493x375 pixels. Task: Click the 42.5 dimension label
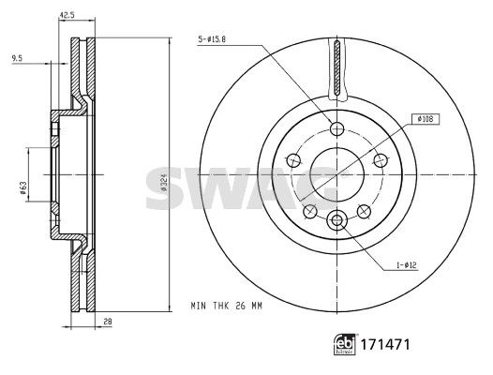pos(67,15)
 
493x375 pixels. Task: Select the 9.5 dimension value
pos(17,58)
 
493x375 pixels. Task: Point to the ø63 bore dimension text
pos(22,188)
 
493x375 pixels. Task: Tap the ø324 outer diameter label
pos(163,183)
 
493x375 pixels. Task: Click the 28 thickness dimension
pos(108,322)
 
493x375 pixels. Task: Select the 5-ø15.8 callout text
pos(212,39)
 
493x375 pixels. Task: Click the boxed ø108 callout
pos(426,119)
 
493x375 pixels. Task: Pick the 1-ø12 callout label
pos(406,265)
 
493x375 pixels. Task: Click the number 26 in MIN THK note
pos(240,306)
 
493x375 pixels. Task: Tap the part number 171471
pos(385,344)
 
